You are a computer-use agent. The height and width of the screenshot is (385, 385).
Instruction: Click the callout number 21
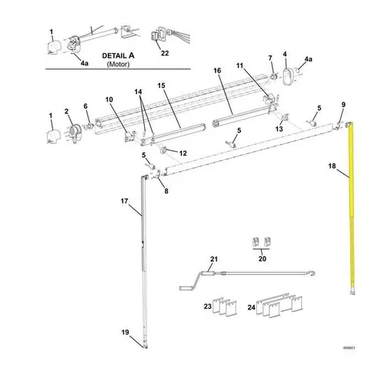tap(215, 258)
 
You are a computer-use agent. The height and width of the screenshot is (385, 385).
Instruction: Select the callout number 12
tap(183, 153)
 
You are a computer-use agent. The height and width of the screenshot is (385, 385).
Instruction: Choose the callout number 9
tap(343, 104)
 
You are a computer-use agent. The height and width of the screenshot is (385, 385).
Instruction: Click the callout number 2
tap(67, 112)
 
